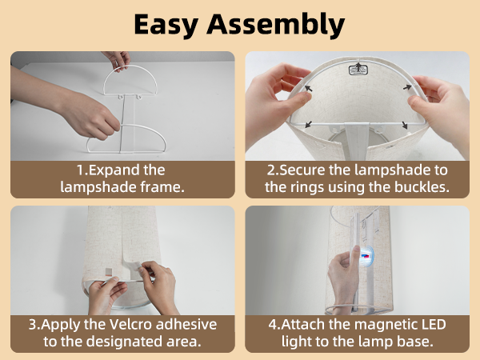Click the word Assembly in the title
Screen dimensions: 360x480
click(278, 24)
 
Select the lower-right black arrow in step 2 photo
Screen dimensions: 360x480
click(404, 126)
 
